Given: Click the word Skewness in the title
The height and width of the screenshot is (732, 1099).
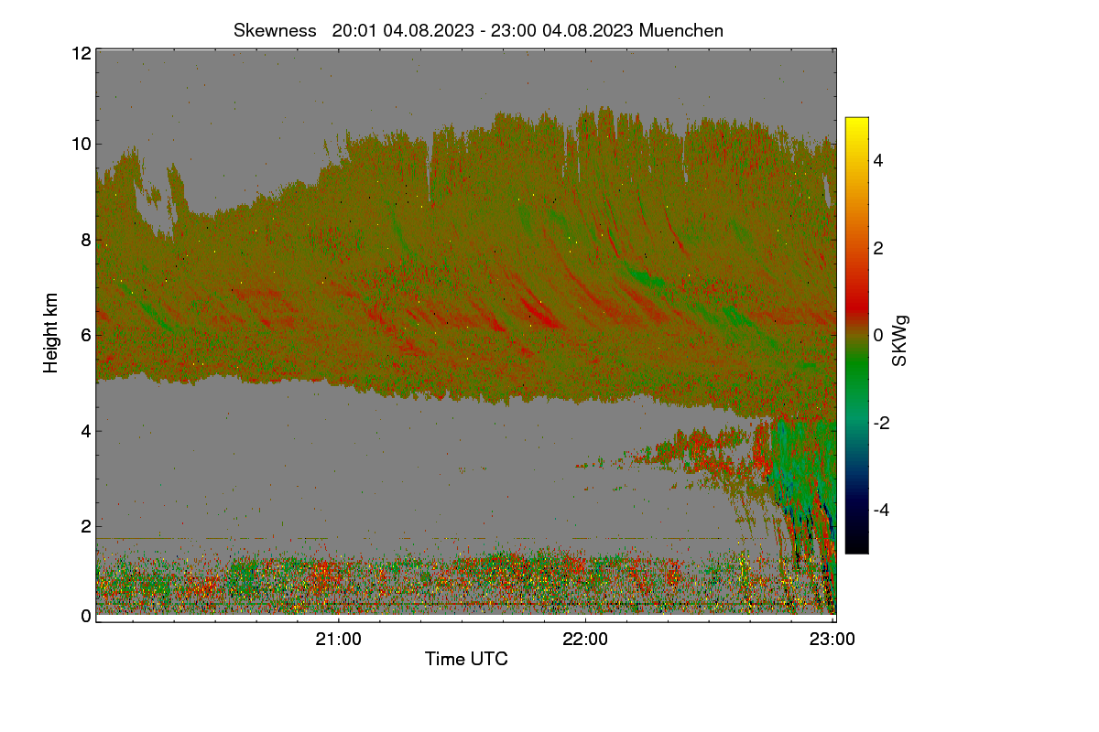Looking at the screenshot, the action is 275,30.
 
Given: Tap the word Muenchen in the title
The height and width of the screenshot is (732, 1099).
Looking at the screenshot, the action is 681,30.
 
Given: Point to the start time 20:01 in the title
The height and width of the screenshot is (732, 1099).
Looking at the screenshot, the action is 354,30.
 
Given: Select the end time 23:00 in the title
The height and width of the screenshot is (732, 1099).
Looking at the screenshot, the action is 513,30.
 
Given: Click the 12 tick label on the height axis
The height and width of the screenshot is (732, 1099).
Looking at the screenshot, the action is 82,53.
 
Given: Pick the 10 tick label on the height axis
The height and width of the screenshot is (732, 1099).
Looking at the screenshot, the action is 82,145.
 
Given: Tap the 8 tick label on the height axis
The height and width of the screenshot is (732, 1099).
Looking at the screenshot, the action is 86,240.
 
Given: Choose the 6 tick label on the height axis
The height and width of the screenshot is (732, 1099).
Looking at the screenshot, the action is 86,336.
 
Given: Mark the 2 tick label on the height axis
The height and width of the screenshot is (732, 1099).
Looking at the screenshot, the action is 86,526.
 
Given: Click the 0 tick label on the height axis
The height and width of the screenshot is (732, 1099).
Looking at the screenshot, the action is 86,616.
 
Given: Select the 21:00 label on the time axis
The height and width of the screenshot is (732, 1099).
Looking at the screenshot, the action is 338,640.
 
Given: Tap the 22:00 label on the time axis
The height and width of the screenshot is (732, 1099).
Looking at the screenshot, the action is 585,640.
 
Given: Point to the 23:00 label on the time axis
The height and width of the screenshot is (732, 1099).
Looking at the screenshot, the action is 832,640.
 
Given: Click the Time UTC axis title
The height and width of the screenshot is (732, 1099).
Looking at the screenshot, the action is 466,659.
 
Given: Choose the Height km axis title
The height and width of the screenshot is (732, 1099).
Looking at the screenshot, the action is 50,333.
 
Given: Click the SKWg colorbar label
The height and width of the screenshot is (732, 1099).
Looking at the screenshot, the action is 899,341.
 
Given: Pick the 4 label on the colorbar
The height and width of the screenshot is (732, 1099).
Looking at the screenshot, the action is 877,160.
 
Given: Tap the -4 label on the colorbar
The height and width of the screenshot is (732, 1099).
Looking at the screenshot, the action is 881,510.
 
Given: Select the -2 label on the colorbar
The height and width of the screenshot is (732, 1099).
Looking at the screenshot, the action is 881,423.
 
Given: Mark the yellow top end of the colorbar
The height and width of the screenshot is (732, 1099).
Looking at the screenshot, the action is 856,120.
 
